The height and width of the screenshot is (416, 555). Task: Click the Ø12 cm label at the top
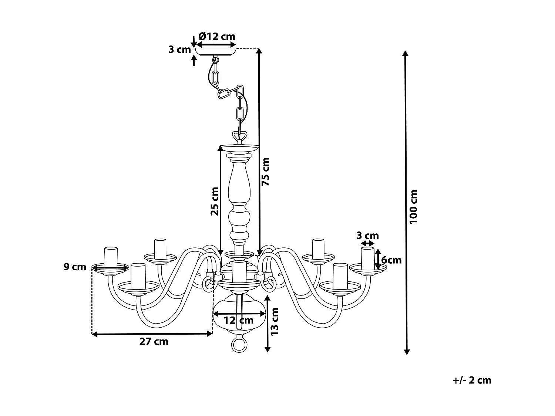[216, 36]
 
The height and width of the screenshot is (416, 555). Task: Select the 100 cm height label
[414, 206]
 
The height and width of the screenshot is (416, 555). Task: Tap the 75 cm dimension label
[266, 171]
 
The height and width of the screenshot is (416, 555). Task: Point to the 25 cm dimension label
[215, 201]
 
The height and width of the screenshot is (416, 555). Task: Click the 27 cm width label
[154, 342]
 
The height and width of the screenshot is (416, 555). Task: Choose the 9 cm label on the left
[75, 267]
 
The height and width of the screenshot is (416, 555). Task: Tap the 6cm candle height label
[391, 260]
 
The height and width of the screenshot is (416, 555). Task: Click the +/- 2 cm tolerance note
[472, 380]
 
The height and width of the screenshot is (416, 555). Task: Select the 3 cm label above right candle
[367, 236]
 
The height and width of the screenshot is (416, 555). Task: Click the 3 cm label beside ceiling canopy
[179, 49]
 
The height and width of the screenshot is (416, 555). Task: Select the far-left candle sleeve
[111, 257]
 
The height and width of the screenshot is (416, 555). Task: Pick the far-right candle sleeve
[367, 258]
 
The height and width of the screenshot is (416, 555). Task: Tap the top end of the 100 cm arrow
[406, 52]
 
